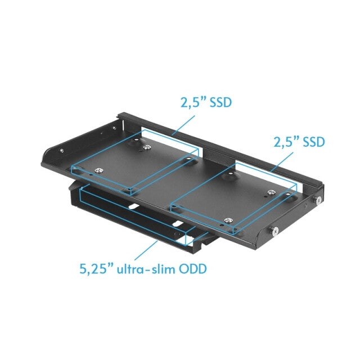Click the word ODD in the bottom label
tap(191, 269)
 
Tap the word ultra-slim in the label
tap(143, 269)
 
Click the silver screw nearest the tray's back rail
tap(147, 147)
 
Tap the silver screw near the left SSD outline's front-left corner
tap(98, 172)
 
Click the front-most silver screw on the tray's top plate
tap(228, 220)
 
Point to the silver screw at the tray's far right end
tap(318, 200)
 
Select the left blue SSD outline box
tap(135, 163)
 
